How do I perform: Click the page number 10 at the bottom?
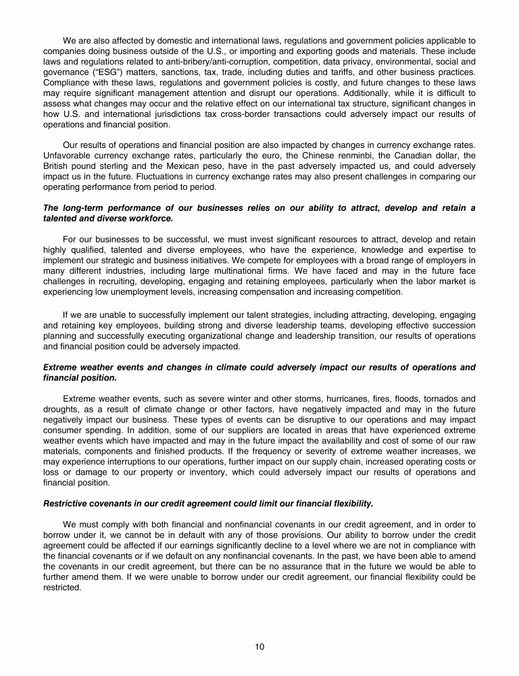pyautogui.click(x=259, y=647)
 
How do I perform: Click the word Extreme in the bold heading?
pyautogui.click(x=60, y=368)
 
